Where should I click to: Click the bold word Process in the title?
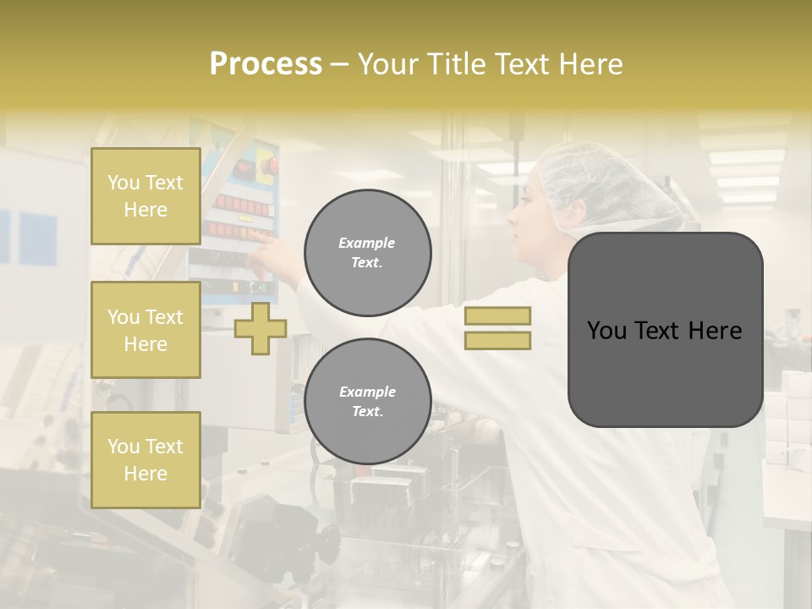266,64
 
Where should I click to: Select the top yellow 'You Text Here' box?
145,196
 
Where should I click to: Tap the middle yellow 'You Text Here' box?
145,330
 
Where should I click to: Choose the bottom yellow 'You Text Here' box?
145,459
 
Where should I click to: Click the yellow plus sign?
261,328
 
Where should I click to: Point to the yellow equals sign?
497,328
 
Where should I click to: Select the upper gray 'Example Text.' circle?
367,252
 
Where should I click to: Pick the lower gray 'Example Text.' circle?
367,401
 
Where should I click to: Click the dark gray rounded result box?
665,330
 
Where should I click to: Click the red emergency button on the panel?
267,165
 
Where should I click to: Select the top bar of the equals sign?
497,316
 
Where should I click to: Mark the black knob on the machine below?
326,538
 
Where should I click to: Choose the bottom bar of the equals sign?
497,340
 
